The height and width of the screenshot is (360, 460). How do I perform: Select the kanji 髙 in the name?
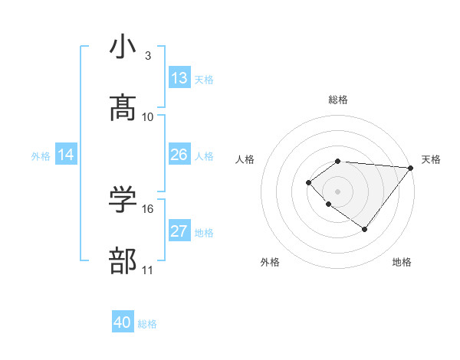point(123,108)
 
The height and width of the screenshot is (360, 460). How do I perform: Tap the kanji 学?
point(123,200)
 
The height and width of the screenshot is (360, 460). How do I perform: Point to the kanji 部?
point(123,261)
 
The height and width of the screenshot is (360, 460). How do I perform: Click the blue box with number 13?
point(179,78)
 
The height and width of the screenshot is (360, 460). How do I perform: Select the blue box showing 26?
point(179,155)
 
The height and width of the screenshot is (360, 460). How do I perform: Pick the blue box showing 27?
point(179,231)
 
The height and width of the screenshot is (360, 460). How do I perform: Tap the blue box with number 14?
point(66,155)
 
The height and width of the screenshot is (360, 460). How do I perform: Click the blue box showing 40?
point(123,322)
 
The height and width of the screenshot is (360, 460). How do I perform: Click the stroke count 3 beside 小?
point(148,56)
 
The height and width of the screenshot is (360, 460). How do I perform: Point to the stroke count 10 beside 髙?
point(148,117)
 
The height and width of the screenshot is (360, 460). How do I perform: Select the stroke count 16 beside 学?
point(148,209)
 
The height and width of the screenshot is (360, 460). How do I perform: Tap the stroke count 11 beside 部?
point(148,270)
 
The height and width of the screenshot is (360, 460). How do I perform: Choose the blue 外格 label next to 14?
point(41,155)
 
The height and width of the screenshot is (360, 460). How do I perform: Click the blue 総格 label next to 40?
point(147,323)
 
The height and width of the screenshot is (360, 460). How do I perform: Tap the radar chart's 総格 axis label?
point(337,100)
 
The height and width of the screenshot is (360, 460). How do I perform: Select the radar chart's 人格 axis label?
point(245,159)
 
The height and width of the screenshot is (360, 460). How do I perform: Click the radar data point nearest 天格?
point(411,167)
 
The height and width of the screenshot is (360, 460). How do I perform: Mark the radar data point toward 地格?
point(365,229)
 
